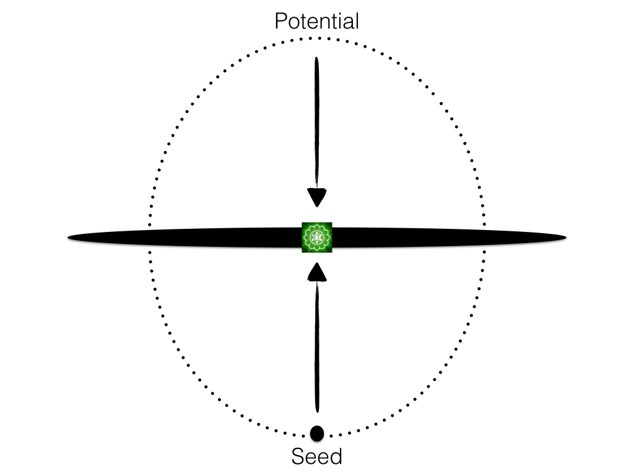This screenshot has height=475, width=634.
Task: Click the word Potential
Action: pyautogui.click(x=316, y=22)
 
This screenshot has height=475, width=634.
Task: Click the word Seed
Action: pyautogui.click(x=316, y=457)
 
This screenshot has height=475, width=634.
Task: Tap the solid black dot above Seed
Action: pyautogui.click(x=317, y=433)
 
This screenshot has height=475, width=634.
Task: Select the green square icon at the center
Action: pyautogui.click(x=317, y=237)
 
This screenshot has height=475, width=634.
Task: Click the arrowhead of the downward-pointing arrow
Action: pyautogui.click(x=317, y=198)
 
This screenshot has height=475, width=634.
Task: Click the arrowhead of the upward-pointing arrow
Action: pyautogui.click(x=317, y=272)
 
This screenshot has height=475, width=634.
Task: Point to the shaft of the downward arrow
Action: pyautogui.click(x=317, y=124)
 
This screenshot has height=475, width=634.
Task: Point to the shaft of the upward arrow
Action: pyautogui.click(x=317, y=346)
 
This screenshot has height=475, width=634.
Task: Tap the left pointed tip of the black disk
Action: pyautogui.click(x=69, y=237)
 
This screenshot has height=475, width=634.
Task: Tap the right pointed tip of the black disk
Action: pyautogui.click(x=565, y=237)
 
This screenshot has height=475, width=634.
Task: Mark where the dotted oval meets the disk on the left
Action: pyautogui.click(x=149, y=237)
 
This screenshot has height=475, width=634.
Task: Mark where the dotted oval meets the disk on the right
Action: pyautogui.click(x=484, y=237)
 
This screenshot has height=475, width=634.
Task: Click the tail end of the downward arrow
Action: pyautogui.click(x=317, y=59)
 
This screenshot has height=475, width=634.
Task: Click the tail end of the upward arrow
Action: pyautogui.click(x=317, y=411)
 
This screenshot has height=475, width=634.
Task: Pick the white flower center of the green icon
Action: pyautogui.click(x=317, y=237)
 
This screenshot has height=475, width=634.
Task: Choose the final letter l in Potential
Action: pyautogui.click(x=357, y=22)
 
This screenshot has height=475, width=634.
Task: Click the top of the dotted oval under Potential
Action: pyautogui.click(x=316, y=38)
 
